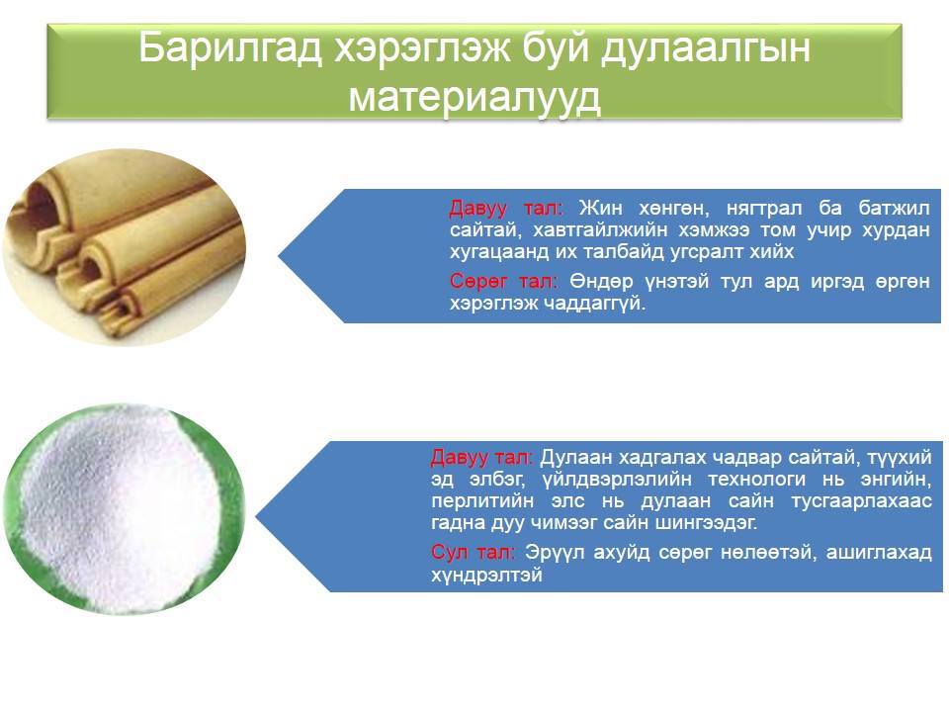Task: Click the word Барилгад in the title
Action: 230,47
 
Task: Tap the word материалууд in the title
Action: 475,97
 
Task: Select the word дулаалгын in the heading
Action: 705,49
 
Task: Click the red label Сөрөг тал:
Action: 502,282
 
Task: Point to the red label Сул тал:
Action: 473,552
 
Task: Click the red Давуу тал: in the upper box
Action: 506,209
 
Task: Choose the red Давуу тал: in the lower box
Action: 481,458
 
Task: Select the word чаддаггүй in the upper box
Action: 592,304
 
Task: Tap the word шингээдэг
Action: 706,523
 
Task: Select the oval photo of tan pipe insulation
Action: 125,248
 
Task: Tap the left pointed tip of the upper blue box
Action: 279,255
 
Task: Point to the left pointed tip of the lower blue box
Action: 255,517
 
